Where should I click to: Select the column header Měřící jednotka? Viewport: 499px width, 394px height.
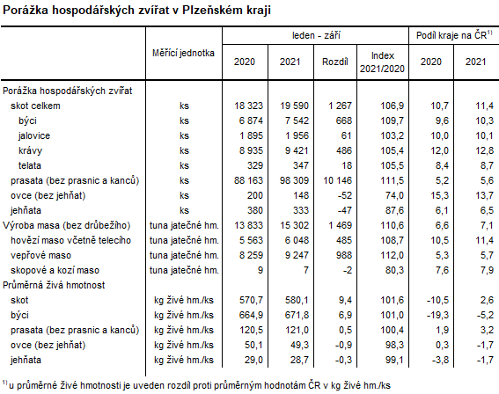coord(183,52)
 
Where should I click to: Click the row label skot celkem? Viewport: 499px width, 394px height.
coord(34,106)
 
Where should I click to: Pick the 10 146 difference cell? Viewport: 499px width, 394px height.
coord(334,180)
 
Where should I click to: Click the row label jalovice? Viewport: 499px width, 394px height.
coord(34,135)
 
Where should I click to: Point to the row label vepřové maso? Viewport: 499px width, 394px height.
coord(43,255)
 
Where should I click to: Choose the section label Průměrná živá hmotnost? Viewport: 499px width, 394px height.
coord(55,285)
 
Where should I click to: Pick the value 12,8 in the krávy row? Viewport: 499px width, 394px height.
coord(475,150)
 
